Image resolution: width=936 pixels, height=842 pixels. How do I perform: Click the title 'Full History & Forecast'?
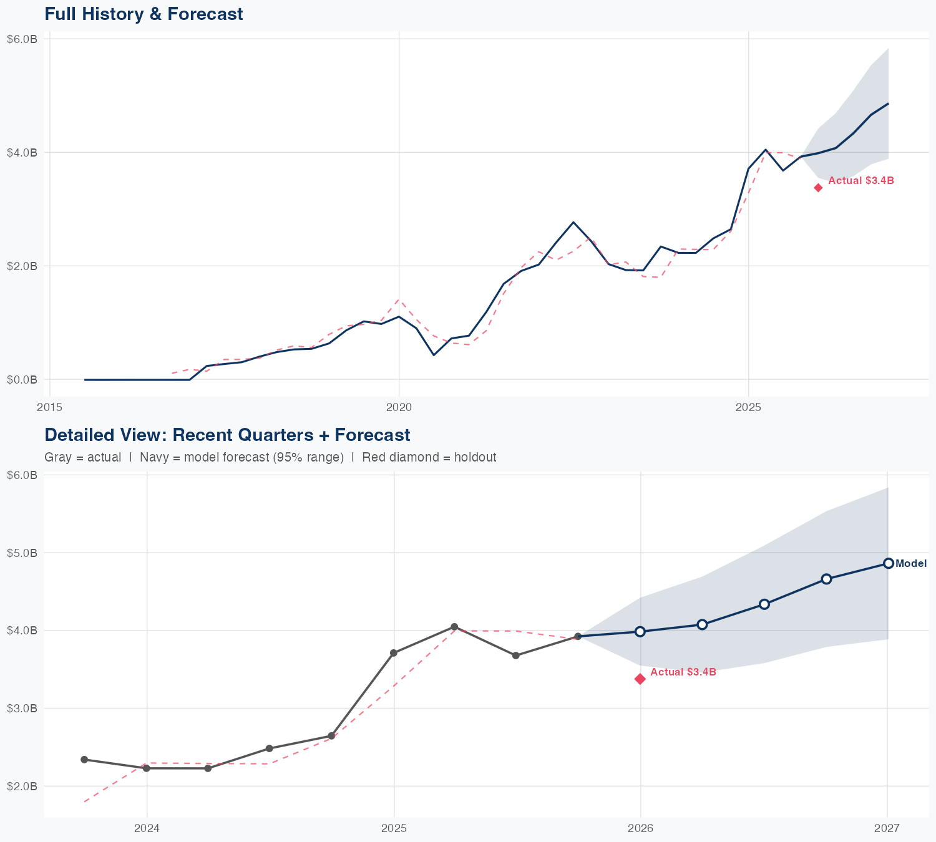click(144, 14)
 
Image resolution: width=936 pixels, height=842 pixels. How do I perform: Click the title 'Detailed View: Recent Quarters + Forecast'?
click(227, 435)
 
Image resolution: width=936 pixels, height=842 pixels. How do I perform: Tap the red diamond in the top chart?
click(818, 188)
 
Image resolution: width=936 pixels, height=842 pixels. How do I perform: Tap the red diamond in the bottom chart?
click(640, 679)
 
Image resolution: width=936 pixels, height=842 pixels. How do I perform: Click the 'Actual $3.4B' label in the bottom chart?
click(683, 672)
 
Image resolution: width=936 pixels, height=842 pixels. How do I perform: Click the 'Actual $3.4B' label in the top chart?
click(860, 181)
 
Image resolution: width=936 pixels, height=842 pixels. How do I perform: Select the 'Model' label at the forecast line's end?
click(910, 563)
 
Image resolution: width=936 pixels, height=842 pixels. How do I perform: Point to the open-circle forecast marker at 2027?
click(888, 563)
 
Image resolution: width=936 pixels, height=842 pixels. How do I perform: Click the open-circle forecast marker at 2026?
click(640, 631)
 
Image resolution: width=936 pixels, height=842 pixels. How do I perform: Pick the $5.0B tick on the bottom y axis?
click(22, 553)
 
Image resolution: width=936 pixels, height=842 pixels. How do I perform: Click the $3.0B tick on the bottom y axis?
click(22, 708)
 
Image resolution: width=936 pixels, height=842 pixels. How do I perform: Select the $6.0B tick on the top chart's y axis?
click(22, 39)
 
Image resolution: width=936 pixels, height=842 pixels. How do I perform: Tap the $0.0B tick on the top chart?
click(22, 379)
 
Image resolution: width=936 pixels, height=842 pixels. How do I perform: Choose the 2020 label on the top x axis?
click(399, 407)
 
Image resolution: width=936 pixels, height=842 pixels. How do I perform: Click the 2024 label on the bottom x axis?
click(147, 828)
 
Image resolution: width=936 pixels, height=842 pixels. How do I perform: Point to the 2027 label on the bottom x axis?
click(887, 828)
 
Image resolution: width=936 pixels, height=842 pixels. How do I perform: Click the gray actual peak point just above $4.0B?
click(454, 627)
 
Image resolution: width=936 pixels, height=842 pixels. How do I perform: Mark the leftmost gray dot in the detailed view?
click(84, 760)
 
